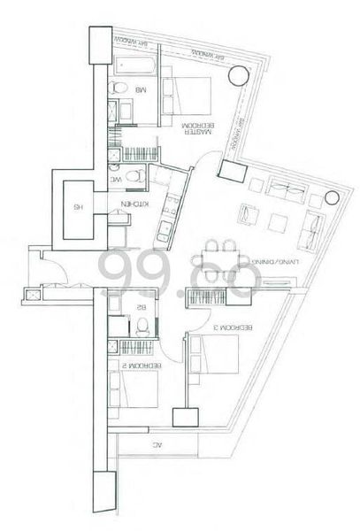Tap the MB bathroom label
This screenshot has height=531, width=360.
(x=140, y=91)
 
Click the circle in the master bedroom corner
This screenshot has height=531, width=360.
(x=237, y=78)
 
